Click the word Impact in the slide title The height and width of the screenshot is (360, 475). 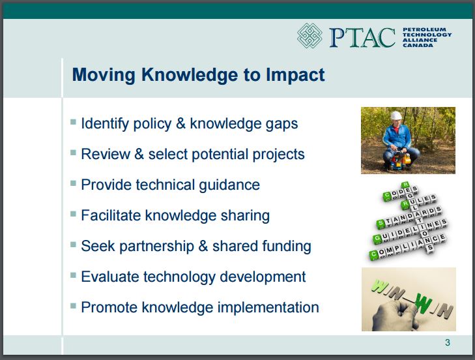[x=295, y=75]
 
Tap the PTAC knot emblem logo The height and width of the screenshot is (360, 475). [x=309, y=35]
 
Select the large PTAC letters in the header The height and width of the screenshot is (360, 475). [x=362, y=38]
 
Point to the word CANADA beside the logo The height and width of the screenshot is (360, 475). [x=418, y=45]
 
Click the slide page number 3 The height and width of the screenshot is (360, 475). [x=448, y=342]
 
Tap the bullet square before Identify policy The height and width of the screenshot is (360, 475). [x=73, y=122]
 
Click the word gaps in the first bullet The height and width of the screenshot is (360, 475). [x=281, y=124]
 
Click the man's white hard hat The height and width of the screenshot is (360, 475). [x=396, y=115]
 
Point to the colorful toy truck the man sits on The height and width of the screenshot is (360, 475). [x=401, y=160]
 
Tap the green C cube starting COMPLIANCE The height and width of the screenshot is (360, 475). [x=374, y=254]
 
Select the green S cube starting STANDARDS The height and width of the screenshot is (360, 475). [x=381, y=224]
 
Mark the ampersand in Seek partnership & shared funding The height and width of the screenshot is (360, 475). [x=203, y=246]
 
